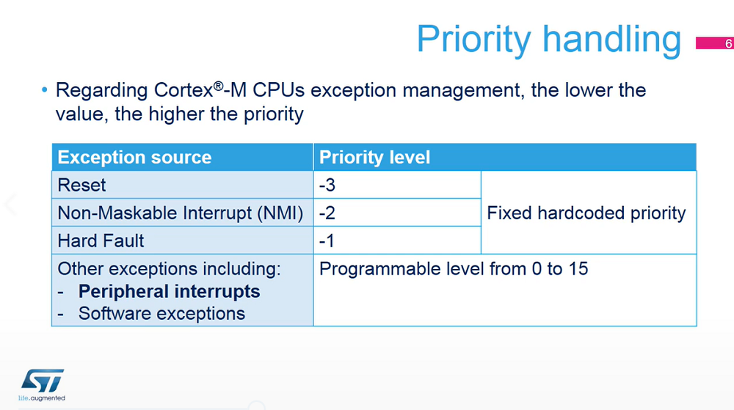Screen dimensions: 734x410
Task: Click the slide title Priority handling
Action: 548,40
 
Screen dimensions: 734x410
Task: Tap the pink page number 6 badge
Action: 715,43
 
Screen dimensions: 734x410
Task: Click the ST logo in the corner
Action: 42,381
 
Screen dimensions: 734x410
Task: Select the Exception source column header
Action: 134,158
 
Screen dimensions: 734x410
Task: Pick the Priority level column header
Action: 374,158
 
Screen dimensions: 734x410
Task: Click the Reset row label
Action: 81,185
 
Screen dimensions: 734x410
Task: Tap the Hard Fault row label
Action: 101,241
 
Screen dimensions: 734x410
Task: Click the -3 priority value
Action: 327,185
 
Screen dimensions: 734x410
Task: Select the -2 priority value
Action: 327,213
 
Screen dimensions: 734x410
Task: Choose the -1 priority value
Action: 327,241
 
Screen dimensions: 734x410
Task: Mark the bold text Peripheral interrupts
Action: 169,291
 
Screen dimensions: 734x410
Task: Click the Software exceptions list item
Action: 161,313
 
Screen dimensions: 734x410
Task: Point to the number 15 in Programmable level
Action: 578,269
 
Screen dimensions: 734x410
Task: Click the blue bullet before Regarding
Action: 45,89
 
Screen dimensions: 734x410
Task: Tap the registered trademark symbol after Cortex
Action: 218,86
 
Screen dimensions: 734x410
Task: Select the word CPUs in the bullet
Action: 278,90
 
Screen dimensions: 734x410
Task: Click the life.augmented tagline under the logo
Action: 42,398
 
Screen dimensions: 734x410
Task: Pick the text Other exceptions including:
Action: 169,269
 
